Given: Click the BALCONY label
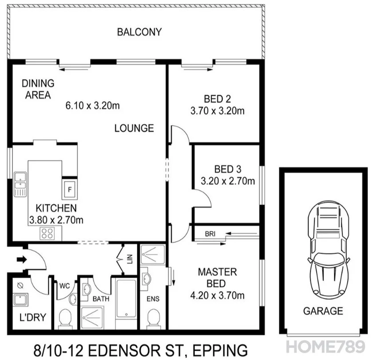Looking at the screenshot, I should pyautogui.click(x=139, y=32).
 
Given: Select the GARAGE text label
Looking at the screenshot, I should pyautogui.click(x=323, y=311).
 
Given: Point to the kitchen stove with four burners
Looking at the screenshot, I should pyautogui.click(x=47, y=233).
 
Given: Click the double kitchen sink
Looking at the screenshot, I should pyautogui.click(x=20, y=184).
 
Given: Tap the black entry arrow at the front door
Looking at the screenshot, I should pyautogui.click(x=21, y=259).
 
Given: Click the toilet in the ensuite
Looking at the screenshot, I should pyautogui.click(x=154, y=318).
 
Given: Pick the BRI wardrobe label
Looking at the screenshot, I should pyautogui.click(x=210, y=234).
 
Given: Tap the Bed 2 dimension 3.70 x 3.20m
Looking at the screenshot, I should pyautogui.click(x=217, y=111).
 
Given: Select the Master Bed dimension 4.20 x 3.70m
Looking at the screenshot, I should pyautogui.click(x=217, y=295).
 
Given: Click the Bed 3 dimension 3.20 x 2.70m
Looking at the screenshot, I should pyautogui.click(x=228, y=181).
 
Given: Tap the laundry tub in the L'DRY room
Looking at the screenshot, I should pyautogui.click(x=20, y=299).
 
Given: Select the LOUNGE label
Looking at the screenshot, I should pyautogui.click(x=134, y=128).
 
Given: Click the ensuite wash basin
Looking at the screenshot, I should pyautogui.click(x=146, y=279).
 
